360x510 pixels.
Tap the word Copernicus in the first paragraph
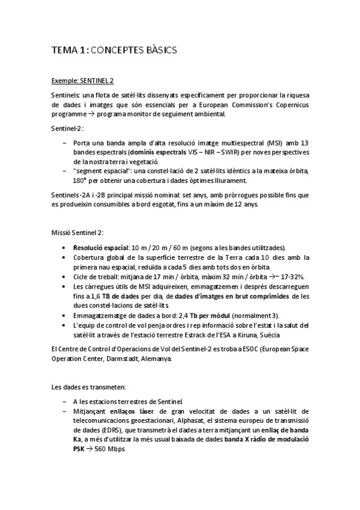coord(290,105)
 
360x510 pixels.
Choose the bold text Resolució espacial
coord(100,248)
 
